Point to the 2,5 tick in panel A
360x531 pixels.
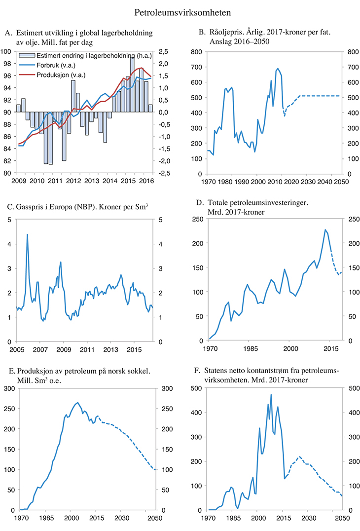coord(165,51)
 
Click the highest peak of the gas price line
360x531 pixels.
coord(27,235)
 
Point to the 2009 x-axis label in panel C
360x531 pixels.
coord(63,349)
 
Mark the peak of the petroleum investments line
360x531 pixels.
coord(325,229)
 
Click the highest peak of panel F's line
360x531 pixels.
coord(271,395)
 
